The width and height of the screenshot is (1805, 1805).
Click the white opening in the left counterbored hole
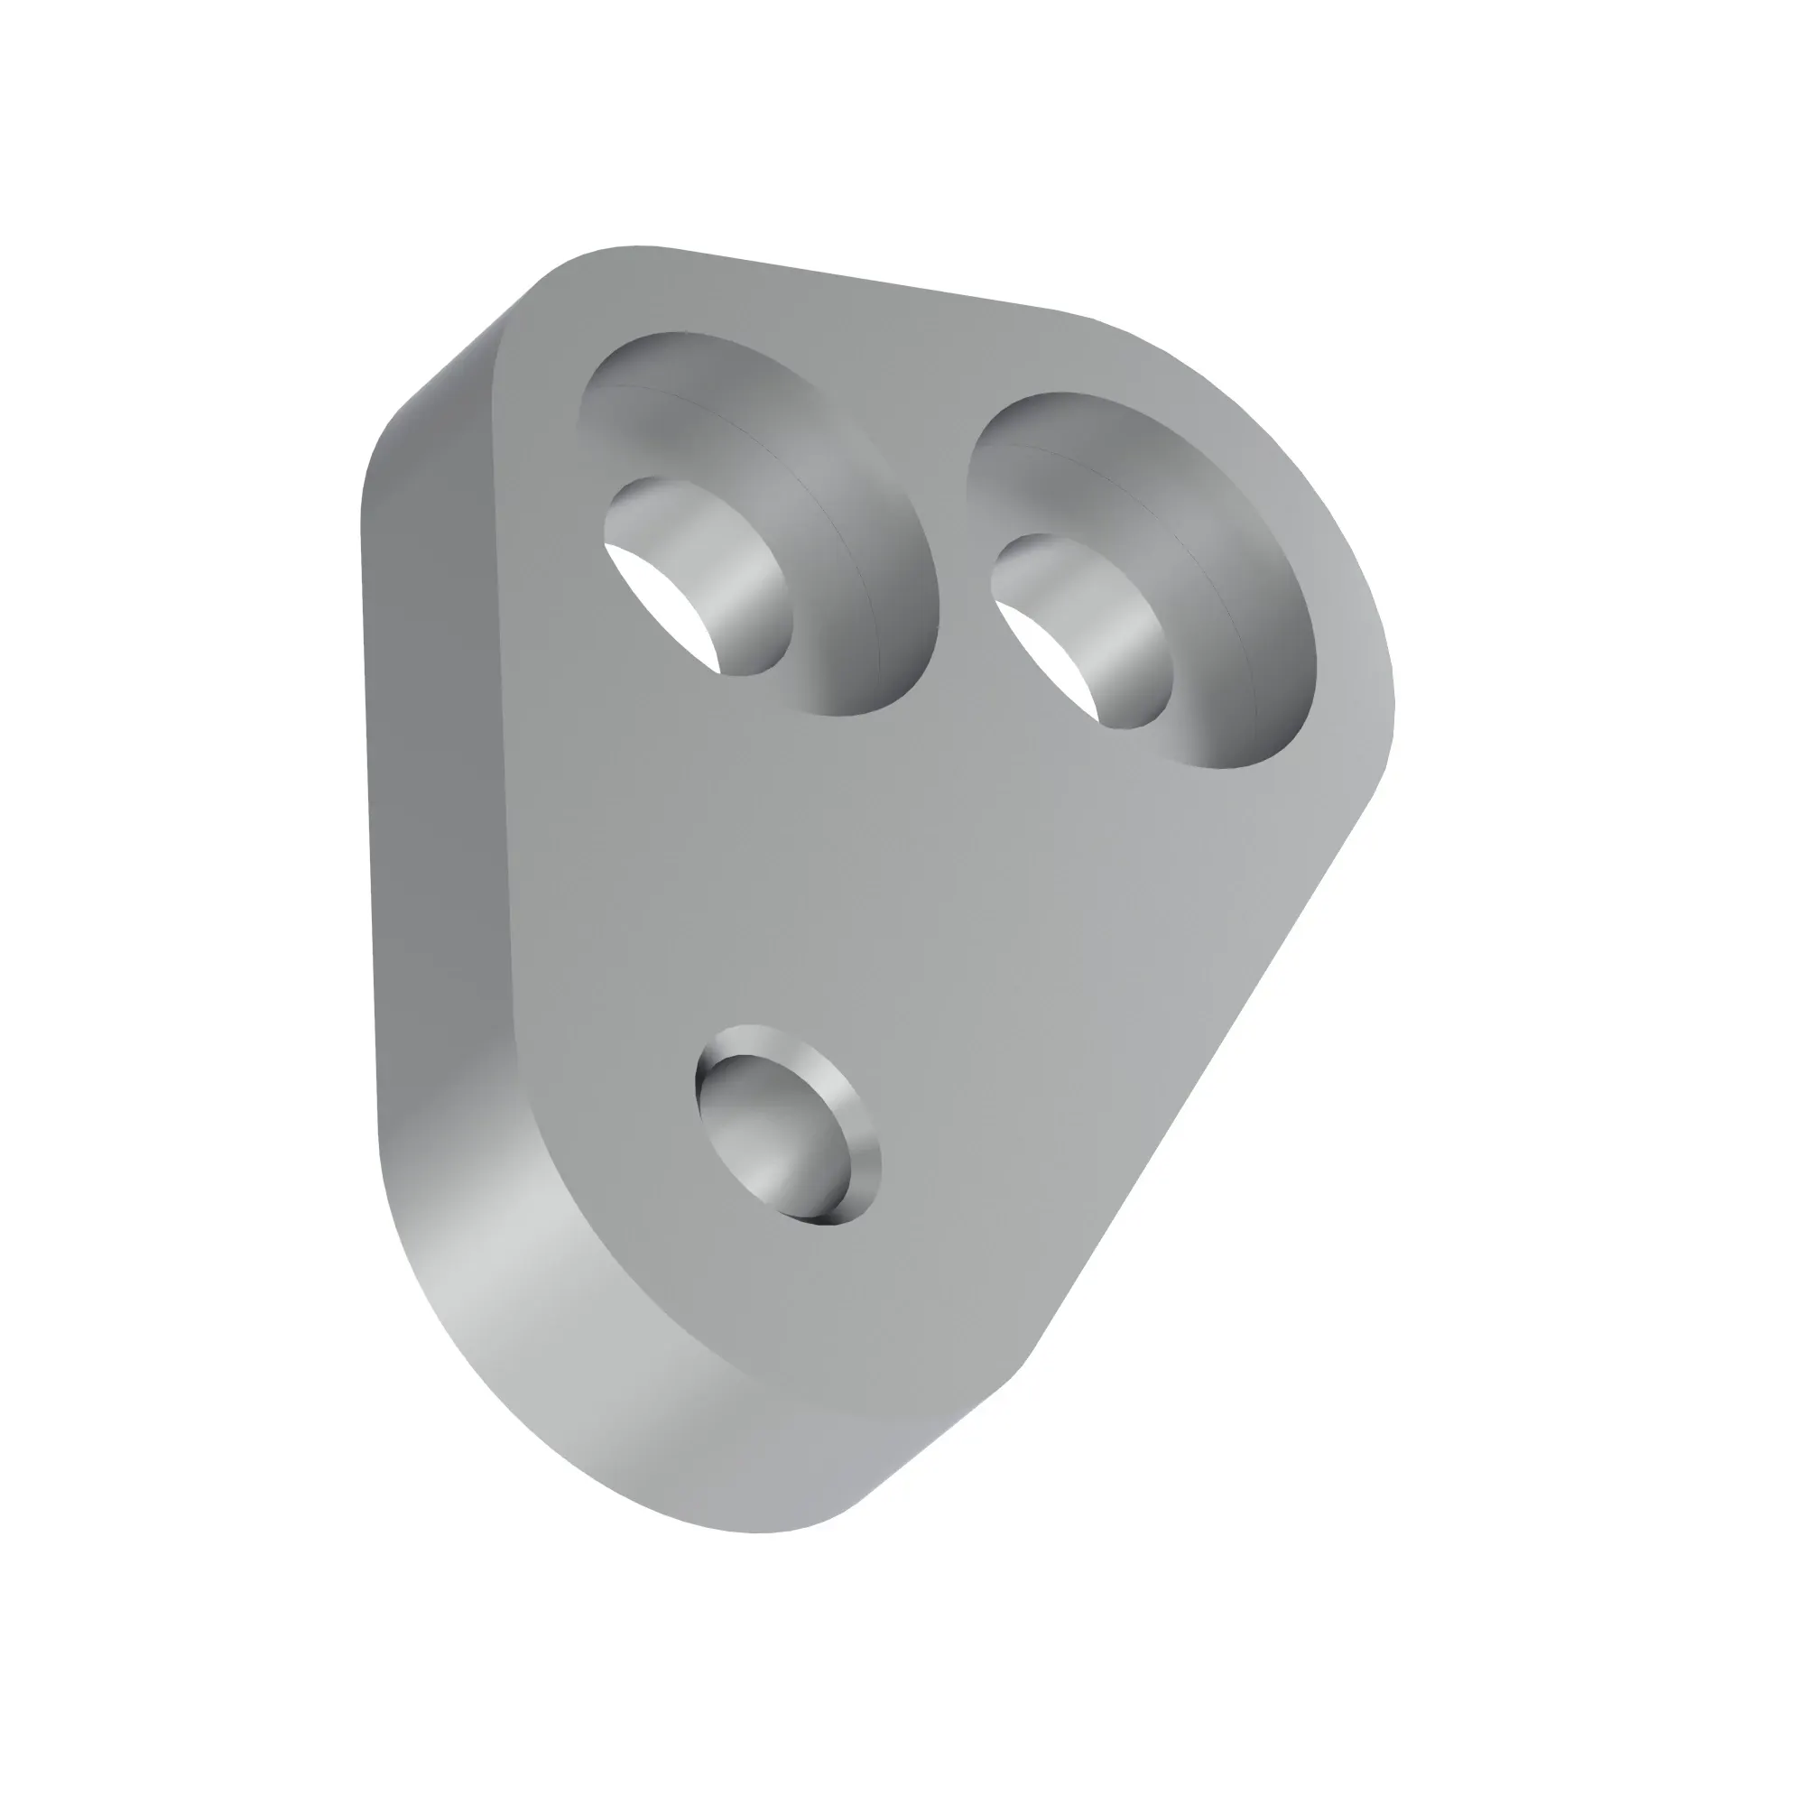(654, 598)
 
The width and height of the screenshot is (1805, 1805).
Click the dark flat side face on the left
(430, 747)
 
